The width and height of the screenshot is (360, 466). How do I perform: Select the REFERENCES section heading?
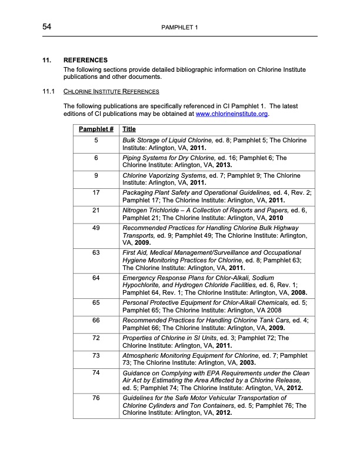click(x=85, y=60)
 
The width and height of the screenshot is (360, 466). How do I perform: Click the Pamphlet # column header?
click(x=96, y=129)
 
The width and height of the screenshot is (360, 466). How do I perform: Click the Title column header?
click(x=129, y=129)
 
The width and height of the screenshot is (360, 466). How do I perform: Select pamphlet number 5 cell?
click(x=96, y=141)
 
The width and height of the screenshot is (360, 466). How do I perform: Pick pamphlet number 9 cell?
click(x=96, y=175)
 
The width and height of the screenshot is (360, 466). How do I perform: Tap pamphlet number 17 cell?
click(x=96, y=192)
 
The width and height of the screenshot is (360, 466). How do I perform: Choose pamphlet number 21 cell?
click(x=96, y=210)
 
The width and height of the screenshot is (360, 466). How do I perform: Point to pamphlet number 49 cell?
click(x=96, y=227)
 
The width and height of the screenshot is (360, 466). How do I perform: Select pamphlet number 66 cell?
click(x=96, y=319)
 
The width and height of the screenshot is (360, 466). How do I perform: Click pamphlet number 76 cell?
click(x=96, y=398)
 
